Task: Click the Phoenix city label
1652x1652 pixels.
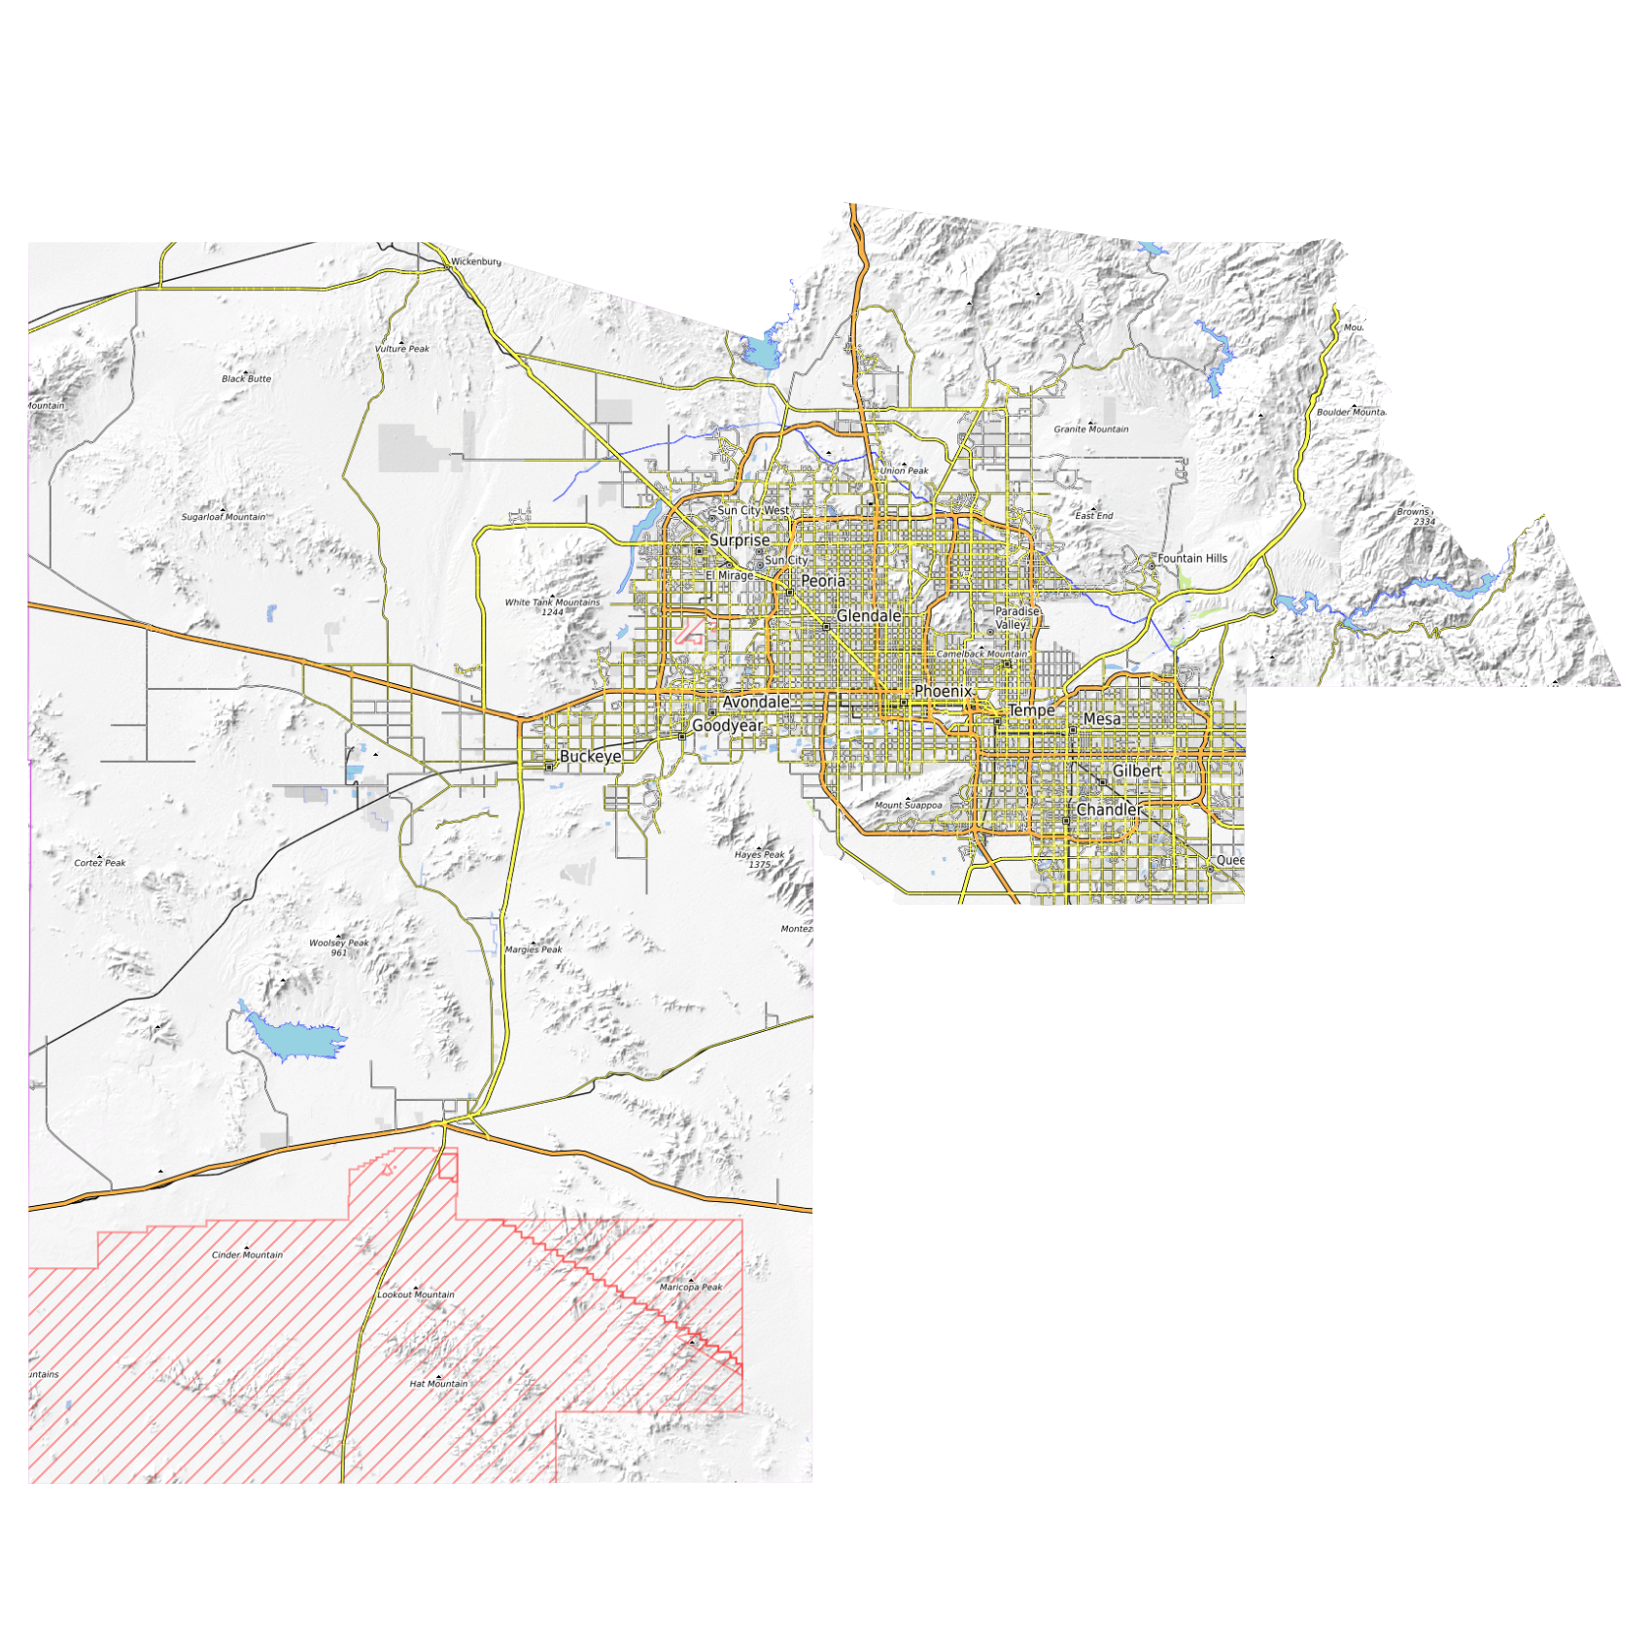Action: click(x=942, y=691)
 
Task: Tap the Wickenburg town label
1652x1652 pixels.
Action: click(x=476, y=261)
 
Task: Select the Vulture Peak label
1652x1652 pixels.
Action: click(x=402, y=349)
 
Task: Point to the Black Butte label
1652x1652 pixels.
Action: click(x=247, y=379)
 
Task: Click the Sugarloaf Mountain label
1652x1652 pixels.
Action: click(x=224, y=517)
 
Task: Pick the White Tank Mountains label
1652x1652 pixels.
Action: click(x=552, y=602)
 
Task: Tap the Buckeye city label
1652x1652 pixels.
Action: click(x=590, y=756)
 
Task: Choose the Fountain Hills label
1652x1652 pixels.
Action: click(x=1192, y=559)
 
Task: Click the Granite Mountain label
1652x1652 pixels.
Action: click(x=1091, y=429)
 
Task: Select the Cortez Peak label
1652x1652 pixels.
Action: click(x=100, y=863)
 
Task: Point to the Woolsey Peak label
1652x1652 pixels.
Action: click(x=339, y=943)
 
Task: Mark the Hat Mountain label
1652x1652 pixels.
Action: click(x=438, y=1384)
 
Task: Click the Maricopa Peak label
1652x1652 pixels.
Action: click(x=691, y=1288)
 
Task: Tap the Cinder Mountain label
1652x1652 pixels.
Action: click(x=248, y=1255)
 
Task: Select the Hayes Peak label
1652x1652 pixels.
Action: click(x=759, y=855)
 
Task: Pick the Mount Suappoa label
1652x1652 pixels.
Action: click(x=909, y=805)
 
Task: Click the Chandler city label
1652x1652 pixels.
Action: click(x=1110, y=809)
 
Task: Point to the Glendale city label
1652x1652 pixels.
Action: click(x=869, y=616)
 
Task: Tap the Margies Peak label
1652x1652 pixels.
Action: click(x=533, y=949)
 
